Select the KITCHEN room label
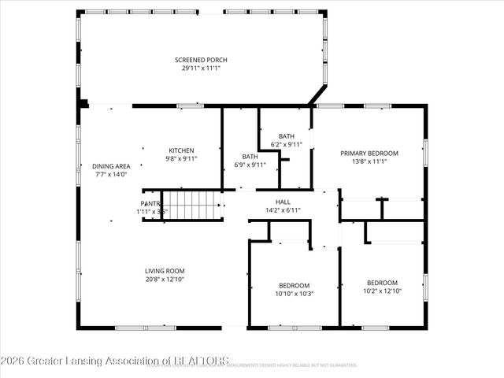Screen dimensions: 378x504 pos(181,150)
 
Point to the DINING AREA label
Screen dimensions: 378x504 pos(111,165)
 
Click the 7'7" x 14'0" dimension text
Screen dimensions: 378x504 pos(111,174)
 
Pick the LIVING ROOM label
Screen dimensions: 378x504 pos(165,271)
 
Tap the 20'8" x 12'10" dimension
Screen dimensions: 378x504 pos(165,280)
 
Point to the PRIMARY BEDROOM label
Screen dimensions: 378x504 pos(369,153)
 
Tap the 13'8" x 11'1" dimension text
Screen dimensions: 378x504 pos(369,161)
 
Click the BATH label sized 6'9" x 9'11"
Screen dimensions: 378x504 pos(250,156)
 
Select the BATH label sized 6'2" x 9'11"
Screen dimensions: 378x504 pos(287,135)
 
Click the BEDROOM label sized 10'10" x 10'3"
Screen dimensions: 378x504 pos(294,285)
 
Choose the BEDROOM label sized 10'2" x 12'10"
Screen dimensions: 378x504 pos(382,283)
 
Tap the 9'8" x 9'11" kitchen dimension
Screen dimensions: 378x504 pos(181,158)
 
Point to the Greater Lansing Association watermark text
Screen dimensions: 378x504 pos(115,361)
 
